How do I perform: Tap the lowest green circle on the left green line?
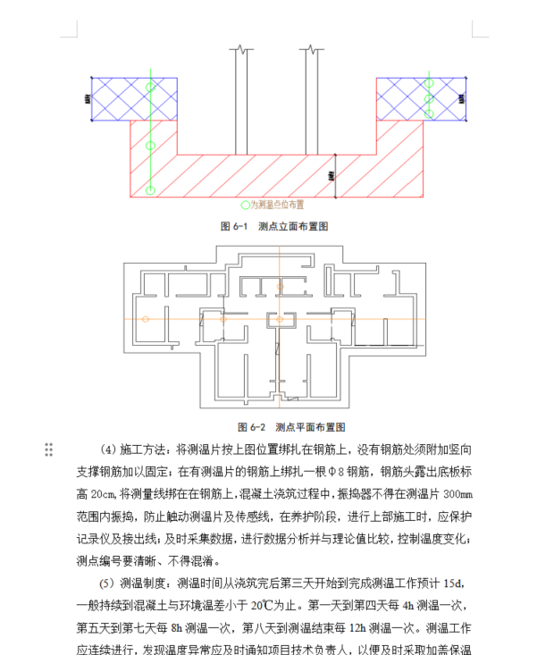(150, 189)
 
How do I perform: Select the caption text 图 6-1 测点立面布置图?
(274, 227)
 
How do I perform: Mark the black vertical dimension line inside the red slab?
(334, 175)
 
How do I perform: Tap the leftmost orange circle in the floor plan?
(146, 319)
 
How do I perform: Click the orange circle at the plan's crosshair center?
(281, 319)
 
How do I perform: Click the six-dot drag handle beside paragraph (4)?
(49, 449)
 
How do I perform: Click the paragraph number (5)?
(107, 584)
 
